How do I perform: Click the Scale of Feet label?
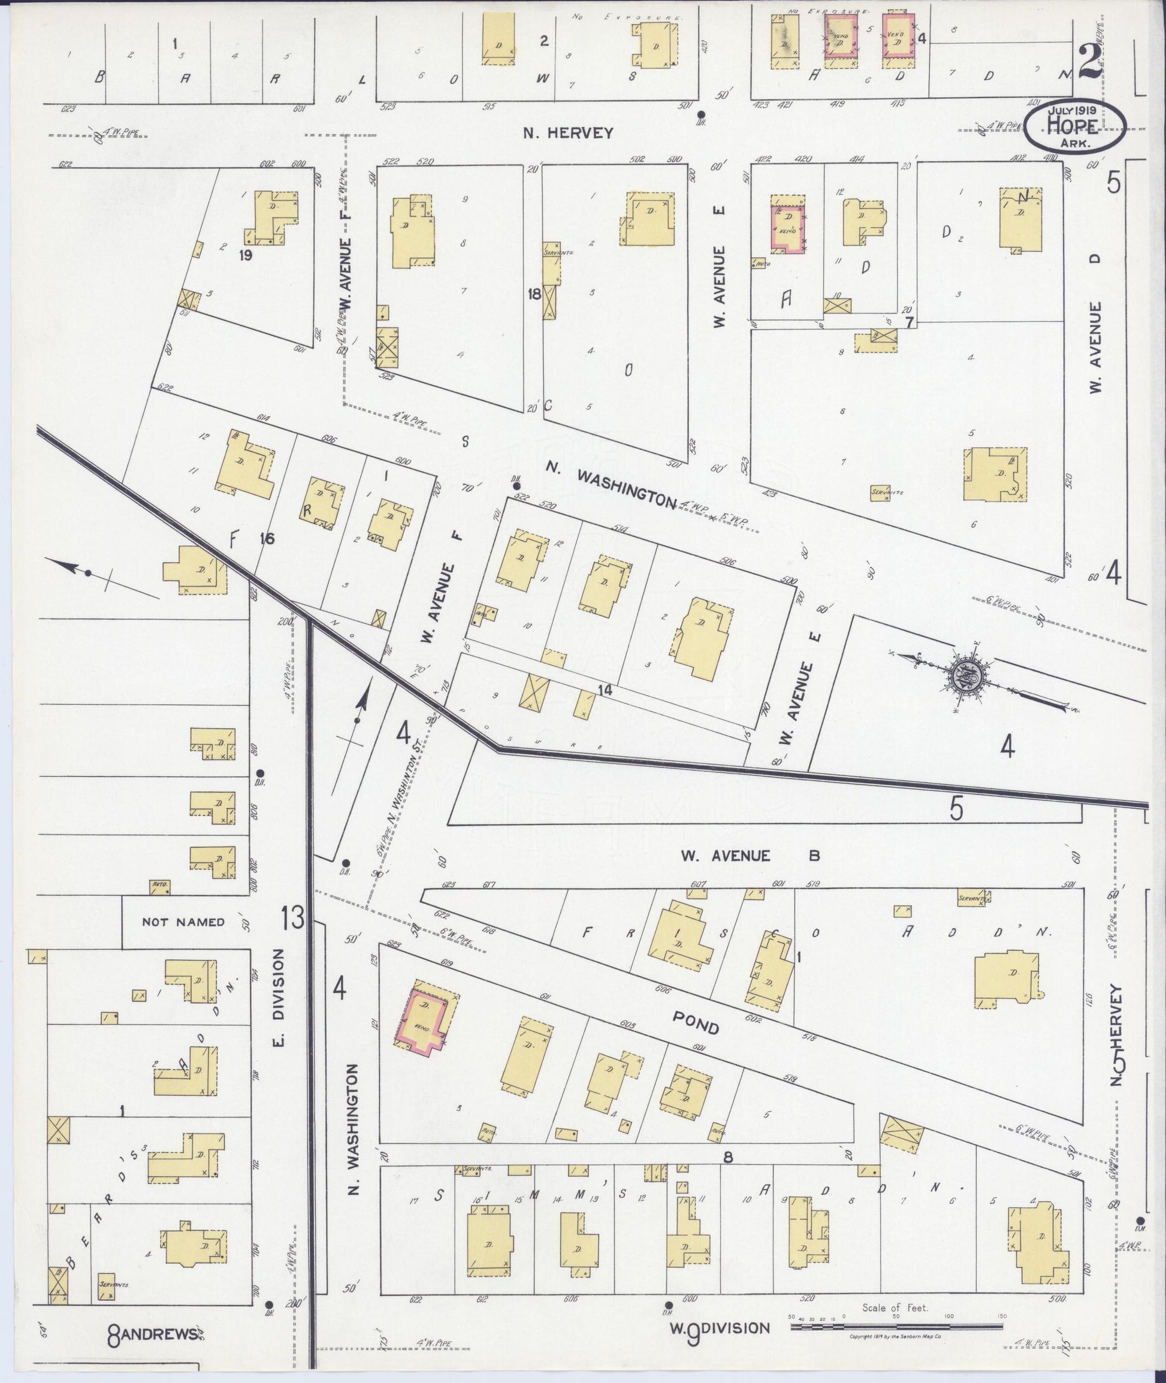pyautogui.click(x=895, y=1290)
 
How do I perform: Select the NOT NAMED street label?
pyautogui.click(x=183, y=922)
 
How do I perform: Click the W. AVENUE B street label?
pyautogui.click(x=750, y=856)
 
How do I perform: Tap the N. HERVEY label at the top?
pyautogui.click(x=568, y=133)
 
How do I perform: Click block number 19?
pyautogui.click(x=246, y=256)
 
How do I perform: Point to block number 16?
pyautogui.click(x=267, y=539)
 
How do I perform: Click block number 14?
pyautogui.click(x=603, y=690)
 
